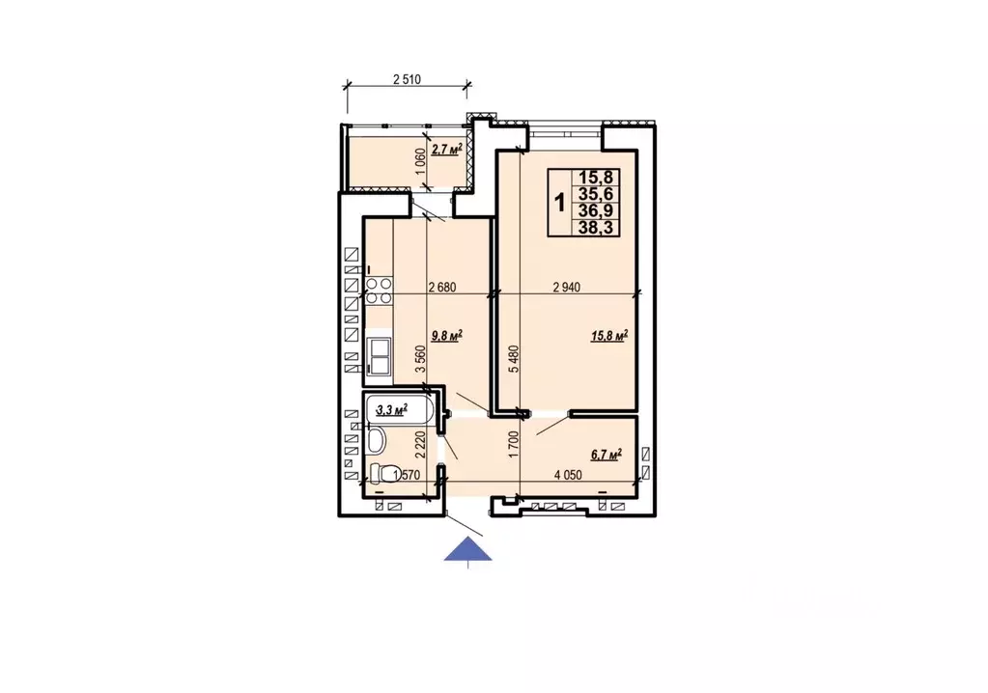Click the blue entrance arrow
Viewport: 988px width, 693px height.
point(467,549)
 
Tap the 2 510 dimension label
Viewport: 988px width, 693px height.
point(407,79)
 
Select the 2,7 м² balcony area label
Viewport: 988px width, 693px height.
point(447,150)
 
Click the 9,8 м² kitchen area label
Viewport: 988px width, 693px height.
point(447,336)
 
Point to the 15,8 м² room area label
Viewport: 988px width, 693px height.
point(609,336)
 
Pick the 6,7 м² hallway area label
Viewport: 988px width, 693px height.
point(607,455)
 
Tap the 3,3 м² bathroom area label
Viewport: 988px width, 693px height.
point(391,410)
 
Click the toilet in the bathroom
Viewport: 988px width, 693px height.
point(385,473)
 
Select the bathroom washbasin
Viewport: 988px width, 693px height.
point(376,440)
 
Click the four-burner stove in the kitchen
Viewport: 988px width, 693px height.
point(378,292)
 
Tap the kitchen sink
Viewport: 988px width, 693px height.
point(379,356)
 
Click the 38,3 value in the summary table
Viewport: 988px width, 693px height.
point(596,227)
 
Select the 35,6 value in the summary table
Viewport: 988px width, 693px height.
point(596,195)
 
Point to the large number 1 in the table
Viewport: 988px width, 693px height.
point(559,203)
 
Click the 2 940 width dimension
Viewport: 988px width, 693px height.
point(567,288)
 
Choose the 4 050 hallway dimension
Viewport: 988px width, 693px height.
point(568,475)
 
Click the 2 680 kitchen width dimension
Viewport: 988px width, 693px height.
point(441,288)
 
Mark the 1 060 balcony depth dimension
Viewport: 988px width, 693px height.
point(421,162)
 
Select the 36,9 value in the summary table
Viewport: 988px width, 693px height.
point(596,210)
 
